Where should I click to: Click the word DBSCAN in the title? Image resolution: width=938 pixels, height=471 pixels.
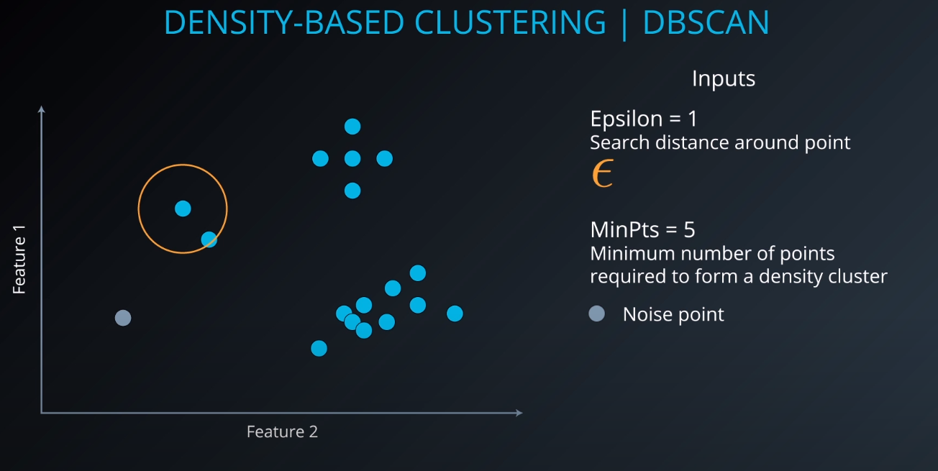706,22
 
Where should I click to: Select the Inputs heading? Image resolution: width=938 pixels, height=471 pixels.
723,78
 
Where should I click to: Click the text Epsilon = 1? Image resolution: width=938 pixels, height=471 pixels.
643,118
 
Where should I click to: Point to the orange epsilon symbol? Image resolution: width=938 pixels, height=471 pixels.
602,174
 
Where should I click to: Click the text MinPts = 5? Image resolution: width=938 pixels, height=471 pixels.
642,229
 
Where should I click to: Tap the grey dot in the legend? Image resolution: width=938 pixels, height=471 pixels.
596,314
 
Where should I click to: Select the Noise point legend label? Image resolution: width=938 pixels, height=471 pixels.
673,314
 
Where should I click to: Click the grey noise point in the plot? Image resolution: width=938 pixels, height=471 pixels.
123,318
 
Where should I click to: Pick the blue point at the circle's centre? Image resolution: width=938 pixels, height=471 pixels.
183,209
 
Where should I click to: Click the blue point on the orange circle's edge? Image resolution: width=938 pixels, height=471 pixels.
209,239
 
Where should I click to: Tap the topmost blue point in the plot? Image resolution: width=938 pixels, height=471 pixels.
352,127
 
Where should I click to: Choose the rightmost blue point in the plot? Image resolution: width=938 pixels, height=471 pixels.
454,314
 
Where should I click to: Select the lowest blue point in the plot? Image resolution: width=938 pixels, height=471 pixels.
319,348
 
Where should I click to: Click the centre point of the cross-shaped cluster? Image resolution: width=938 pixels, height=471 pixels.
352,158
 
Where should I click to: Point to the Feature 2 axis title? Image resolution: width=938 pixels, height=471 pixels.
282,431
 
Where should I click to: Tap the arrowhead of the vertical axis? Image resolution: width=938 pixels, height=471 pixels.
42,109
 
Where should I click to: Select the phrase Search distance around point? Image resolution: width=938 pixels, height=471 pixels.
719,142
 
